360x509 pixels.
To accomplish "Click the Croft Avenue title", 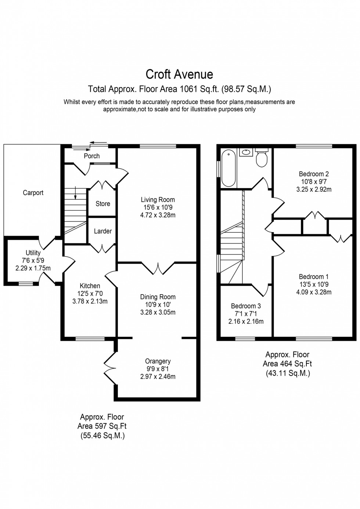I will click(x=179, y=75).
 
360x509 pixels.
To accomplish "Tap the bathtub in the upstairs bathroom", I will click(x=228, y=168).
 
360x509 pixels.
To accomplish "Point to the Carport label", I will click(x=33, y=193).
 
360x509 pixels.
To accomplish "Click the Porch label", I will click(x=91, y=156).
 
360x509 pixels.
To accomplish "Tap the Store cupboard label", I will click(x=103, y=204).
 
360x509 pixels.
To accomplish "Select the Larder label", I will click(x=103, y=231).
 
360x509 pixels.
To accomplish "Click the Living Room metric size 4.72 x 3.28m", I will click(x=158, y=216).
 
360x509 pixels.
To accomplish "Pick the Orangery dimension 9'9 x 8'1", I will click(x=158, y=369).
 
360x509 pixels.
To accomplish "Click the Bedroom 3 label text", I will click(x=246, y=306).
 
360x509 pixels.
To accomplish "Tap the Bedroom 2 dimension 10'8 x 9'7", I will click(x=314, y=182).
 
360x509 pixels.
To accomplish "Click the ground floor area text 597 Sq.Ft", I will click(x=102, y=426).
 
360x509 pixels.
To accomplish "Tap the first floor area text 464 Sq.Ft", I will click(x=287, y=364).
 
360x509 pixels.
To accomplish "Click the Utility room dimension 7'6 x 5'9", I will click(x=33, y=260).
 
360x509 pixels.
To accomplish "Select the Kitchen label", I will click(x=90, y=286).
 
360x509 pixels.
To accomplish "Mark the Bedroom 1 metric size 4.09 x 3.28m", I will click(x=314, y=292).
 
